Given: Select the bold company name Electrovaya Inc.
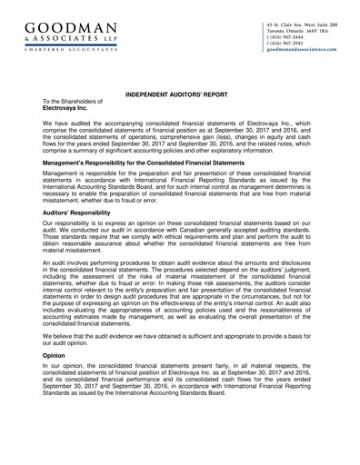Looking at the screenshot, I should point(72,108).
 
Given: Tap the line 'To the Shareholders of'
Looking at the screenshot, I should point(74,101).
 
